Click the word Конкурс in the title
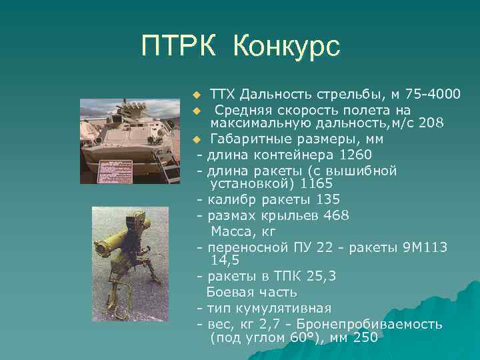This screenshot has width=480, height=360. click(x=287, y=46)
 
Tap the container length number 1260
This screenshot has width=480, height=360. click(x=355, y=155)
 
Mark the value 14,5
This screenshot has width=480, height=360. click(x=225, y=260)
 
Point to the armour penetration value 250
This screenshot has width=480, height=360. click(x=365, y=337)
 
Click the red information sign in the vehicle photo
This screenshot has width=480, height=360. click(x=117, y=169)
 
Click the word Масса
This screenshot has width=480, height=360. click(x=231, y=231)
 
